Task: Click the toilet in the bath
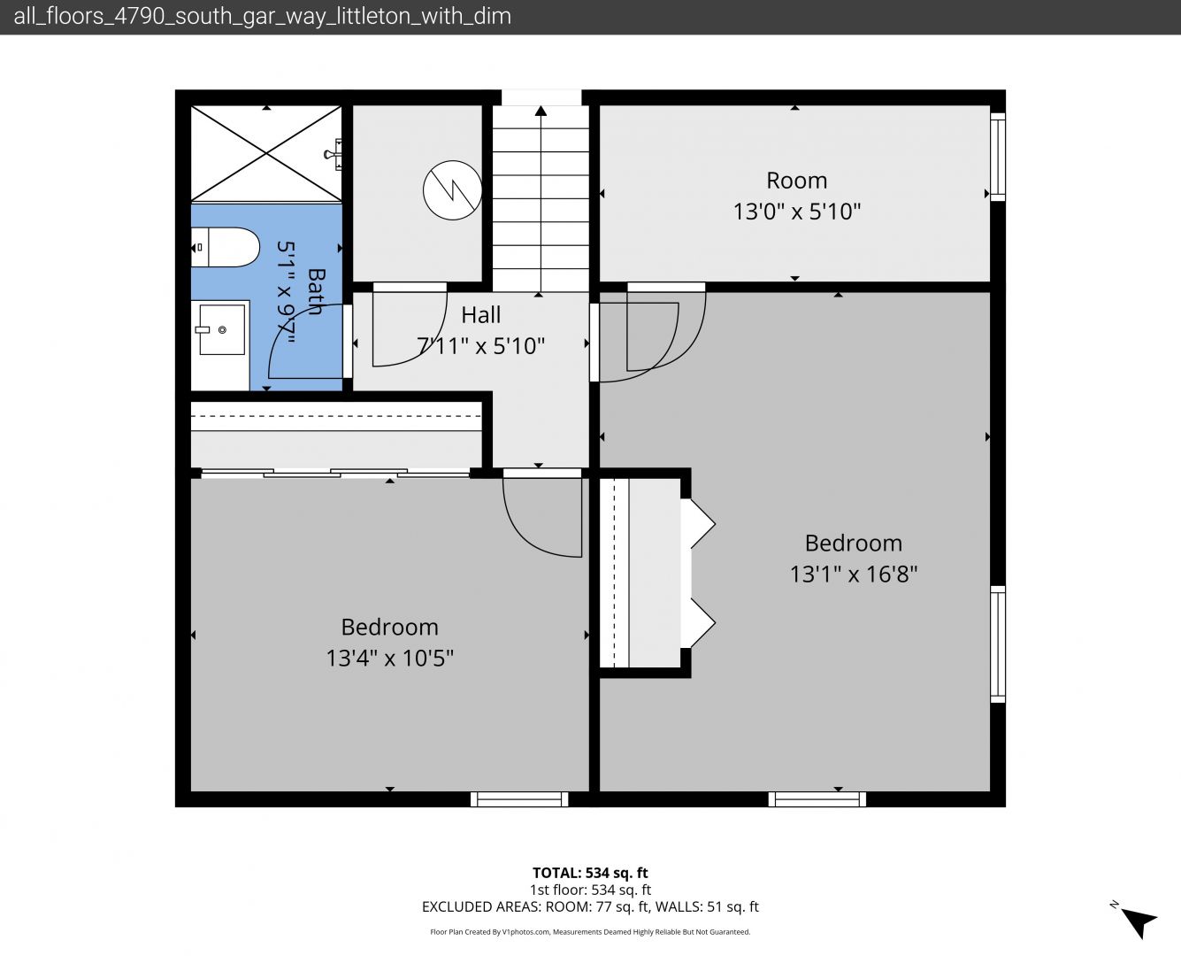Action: tap(225, 247)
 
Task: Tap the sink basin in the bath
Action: tap(222, 329)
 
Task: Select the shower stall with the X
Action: tap(266, 153)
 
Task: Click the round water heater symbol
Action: tap(452, 190)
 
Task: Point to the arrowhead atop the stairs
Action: tap(541, 111)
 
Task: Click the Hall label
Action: tap(480, 315)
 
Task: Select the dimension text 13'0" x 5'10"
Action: tap(797, 212)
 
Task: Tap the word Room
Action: tap(797, 181)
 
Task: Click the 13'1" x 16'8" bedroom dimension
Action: tap(854, 574)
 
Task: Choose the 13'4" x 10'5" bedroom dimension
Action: tap(389, 658)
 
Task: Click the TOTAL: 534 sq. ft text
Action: tap(590, 873)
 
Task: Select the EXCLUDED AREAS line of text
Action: tap(590, 906)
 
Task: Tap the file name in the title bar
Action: tap(262, 17)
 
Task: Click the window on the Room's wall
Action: tap(998, 157)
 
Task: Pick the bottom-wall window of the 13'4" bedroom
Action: tap(519, 799)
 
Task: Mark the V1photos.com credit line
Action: tap(590, 932)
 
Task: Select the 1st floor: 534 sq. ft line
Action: tap(590, 890)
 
